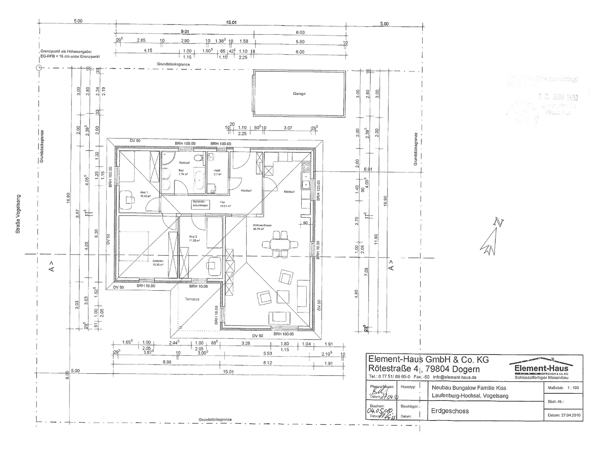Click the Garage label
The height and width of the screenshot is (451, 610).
click(x=299, y=94)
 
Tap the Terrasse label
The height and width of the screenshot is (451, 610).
click(x=192, y=299)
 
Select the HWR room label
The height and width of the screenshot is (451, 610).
click(x=217, y=170)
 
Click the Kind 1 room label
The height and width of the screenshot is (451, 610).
click(x=144, y=193)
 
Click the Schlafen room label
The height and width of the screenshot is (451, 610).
click(x=158, y=263)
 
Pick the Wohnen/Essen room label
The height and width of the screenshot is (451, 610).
click(x=262, y=227)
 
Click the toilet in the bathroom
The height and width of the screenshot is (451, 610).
click(x=201, y=157)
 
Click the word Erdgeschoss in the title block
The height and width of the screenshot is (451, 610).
click(x=450, y=411)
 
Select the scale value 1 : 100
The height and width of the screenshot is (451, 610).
click(x=573, y=388)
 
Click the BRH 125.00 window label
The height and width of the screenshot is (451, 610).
click(x=318, y=190)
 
